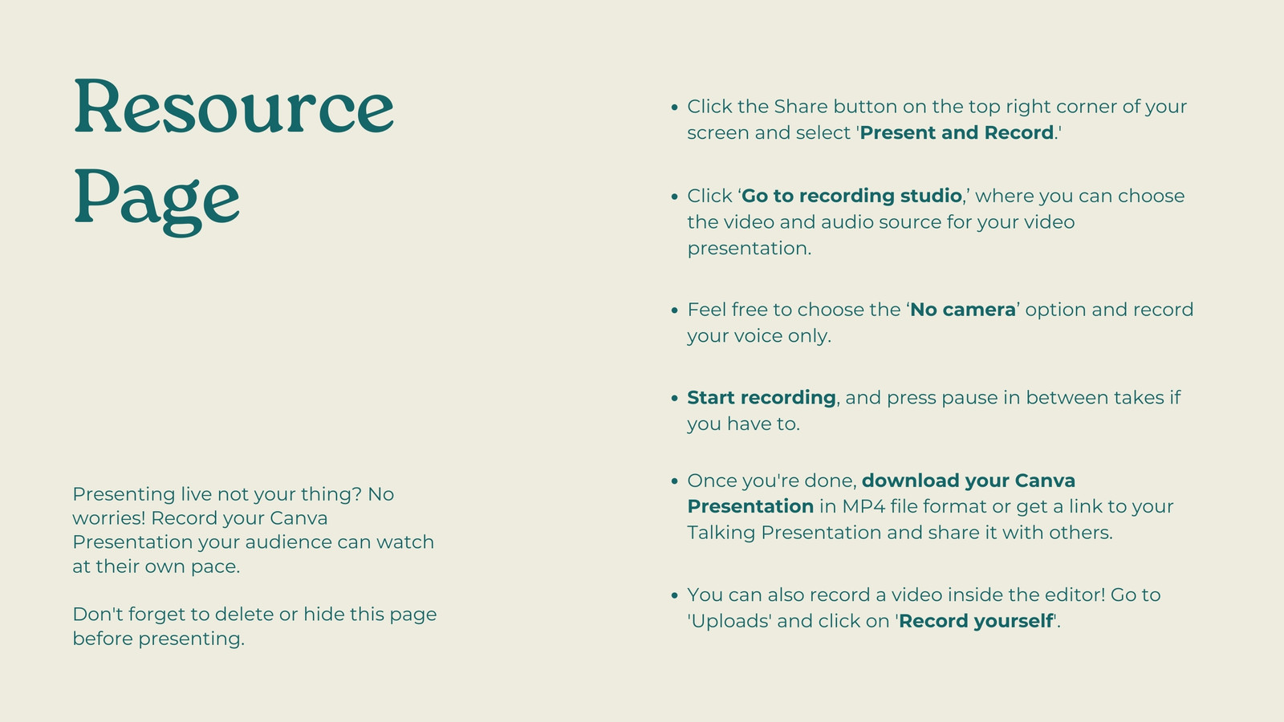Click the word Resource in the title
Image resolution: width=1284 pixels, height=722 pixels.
(x=234, y=107)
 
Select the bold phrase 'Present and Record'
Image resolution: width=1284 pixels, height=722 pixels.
(x=957, y=132)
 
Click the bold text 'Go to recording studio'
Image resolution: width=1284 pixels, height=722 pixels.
(x=851, y=196)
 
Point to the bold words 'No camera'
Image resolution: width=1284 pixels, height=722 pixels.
(x=962, y=310)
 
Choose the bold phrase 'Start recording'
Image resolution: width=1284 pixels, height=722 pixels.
(x=762, y=398)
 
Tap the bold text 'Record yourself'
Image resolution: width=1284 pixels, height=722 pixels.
(x=976, y=621)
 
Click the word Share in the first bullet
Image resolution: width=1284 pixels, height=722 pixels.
(x=801, y=107)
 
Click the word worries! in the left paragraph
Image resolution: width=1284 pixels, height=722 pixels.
(x=109, y=518)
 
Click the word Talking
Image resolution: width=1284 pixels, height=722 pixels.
(x=721, y=533)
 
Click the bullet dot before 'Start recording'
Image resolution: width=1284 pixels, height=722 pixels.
(x=674, y=398)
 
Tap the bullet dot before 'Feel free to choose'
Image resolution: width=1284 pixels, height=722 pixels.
(x=674, y=310)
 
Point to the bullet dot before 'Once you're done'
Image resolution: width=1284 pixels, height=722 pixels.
(x=674, y=481)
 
